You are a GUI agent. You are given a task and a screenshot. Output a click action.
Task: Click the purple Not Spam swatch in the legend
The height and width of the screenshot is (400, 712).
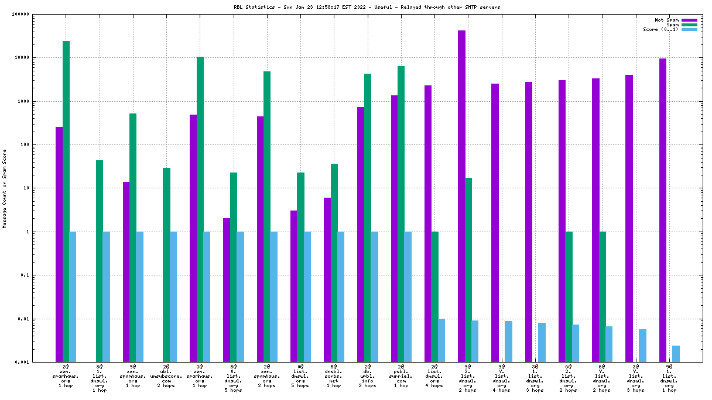(x=690, y=20)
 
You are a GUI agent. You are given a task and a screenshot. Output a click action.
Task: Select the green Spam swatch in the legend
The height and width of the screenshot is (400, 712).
(x=690, y=25)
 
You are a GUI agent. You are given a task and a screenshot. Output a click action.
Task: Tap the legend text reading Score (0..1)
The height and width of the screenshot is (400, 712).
(x=660, y=29)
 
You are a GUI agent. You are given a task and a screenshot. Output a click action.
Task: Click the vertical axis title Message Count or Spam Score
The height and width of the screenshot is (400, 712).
(x=5, y=188)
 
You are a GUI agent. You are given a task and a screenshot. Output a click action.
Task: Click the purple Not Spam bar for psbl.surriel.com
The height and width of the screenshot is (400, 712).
(x=394, y=229)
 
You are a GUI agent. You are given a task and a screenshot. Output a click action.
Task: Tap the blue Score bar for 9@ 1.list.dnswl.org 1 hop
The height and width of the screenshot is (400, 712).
(x=676, y=354)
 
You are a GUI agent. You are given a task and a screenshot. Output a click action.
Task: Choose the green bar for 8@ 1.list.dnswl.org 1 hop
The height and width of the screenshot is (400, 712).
(x=100, y=261)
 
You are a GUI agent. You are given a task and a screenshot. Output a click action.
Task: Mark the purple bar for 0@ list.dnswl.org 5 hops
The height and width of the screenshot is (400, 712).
(x=294, y=286)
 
